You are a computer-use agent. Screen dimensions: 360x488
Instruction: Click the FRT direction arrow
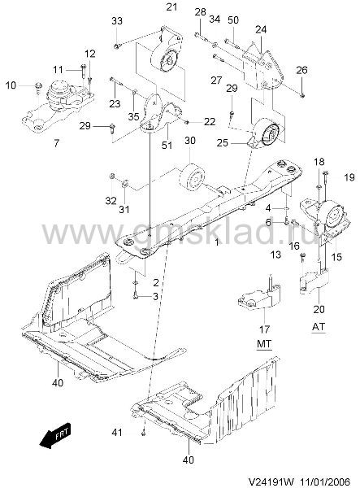(55, 435)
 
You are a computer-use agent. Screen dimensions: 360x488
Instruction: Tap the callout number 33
(117, 21)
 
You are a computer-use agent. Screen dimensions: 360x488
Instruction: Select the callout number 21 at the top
(171, 7)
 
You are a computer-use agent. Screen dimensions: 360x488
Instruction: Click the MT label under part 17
(264, 344)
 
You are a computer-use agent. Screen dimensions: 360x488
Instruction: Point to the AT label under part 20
(319, 326)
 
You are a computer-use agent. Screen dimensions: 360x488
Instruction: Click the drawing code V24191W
(271, 481)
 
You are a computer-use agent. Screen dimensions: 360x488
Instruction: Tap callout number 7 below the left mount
(56, 143)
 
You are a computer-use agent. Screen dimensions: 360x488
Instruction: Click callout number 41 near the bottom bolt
(117, 433)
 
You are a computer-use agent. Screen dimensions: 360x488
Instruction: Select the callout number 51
(167, 145)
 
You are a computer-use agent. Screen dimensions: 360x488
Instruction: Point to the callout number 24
(261, 30)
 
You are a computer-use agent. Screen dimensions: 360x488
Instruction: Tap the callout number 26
(301, 70)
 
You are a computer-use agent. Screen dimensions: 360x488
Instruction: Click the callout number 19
(349, 177)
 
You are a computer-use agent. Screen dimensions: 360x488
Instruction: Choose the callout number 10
(11, 85)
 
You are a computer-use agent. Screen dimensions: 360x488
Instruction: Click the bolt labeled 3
(136, 297)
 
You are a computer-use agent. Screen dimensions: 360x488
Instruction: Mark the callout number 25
(223, 143)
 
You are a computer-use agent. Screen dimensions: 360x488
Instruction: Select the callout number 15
(336, 257)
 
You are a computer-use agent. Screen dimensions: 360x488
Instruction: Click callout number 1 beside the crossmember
(217, 242)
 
